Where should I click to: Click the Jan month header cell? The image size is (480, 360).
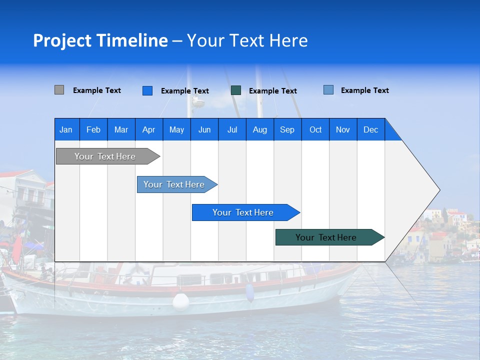click(66, 129)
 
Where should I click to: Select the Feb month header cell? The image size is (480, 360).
click(93, 129)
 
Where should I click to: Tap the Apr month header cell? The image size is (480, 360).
click(149, 129)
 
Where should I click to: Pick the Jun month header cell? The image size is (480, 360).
click(204, 129)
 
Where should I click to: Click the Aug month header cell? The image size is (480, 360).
click(260, 129)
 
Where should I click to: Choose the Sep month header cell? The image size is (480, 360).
click(287, 129)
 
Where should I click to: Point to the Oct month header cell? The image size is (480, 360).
click(315, 129)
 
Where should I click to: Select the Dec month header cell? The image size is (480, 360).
click(371, 129)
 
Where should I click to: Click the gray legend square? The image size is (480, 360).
click(59, 90)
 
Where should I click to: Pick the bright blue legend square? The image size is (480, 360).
click(147, 90)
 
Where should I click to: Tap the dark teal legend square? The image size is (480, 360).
click(236, 90)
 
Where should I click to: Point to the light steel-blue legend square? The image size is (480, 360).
click(328, 90)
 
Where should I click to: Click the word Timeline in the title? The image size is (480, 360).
click(132, 40)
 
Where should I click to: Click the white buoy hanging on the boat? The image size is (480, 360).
click(181, 301)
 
